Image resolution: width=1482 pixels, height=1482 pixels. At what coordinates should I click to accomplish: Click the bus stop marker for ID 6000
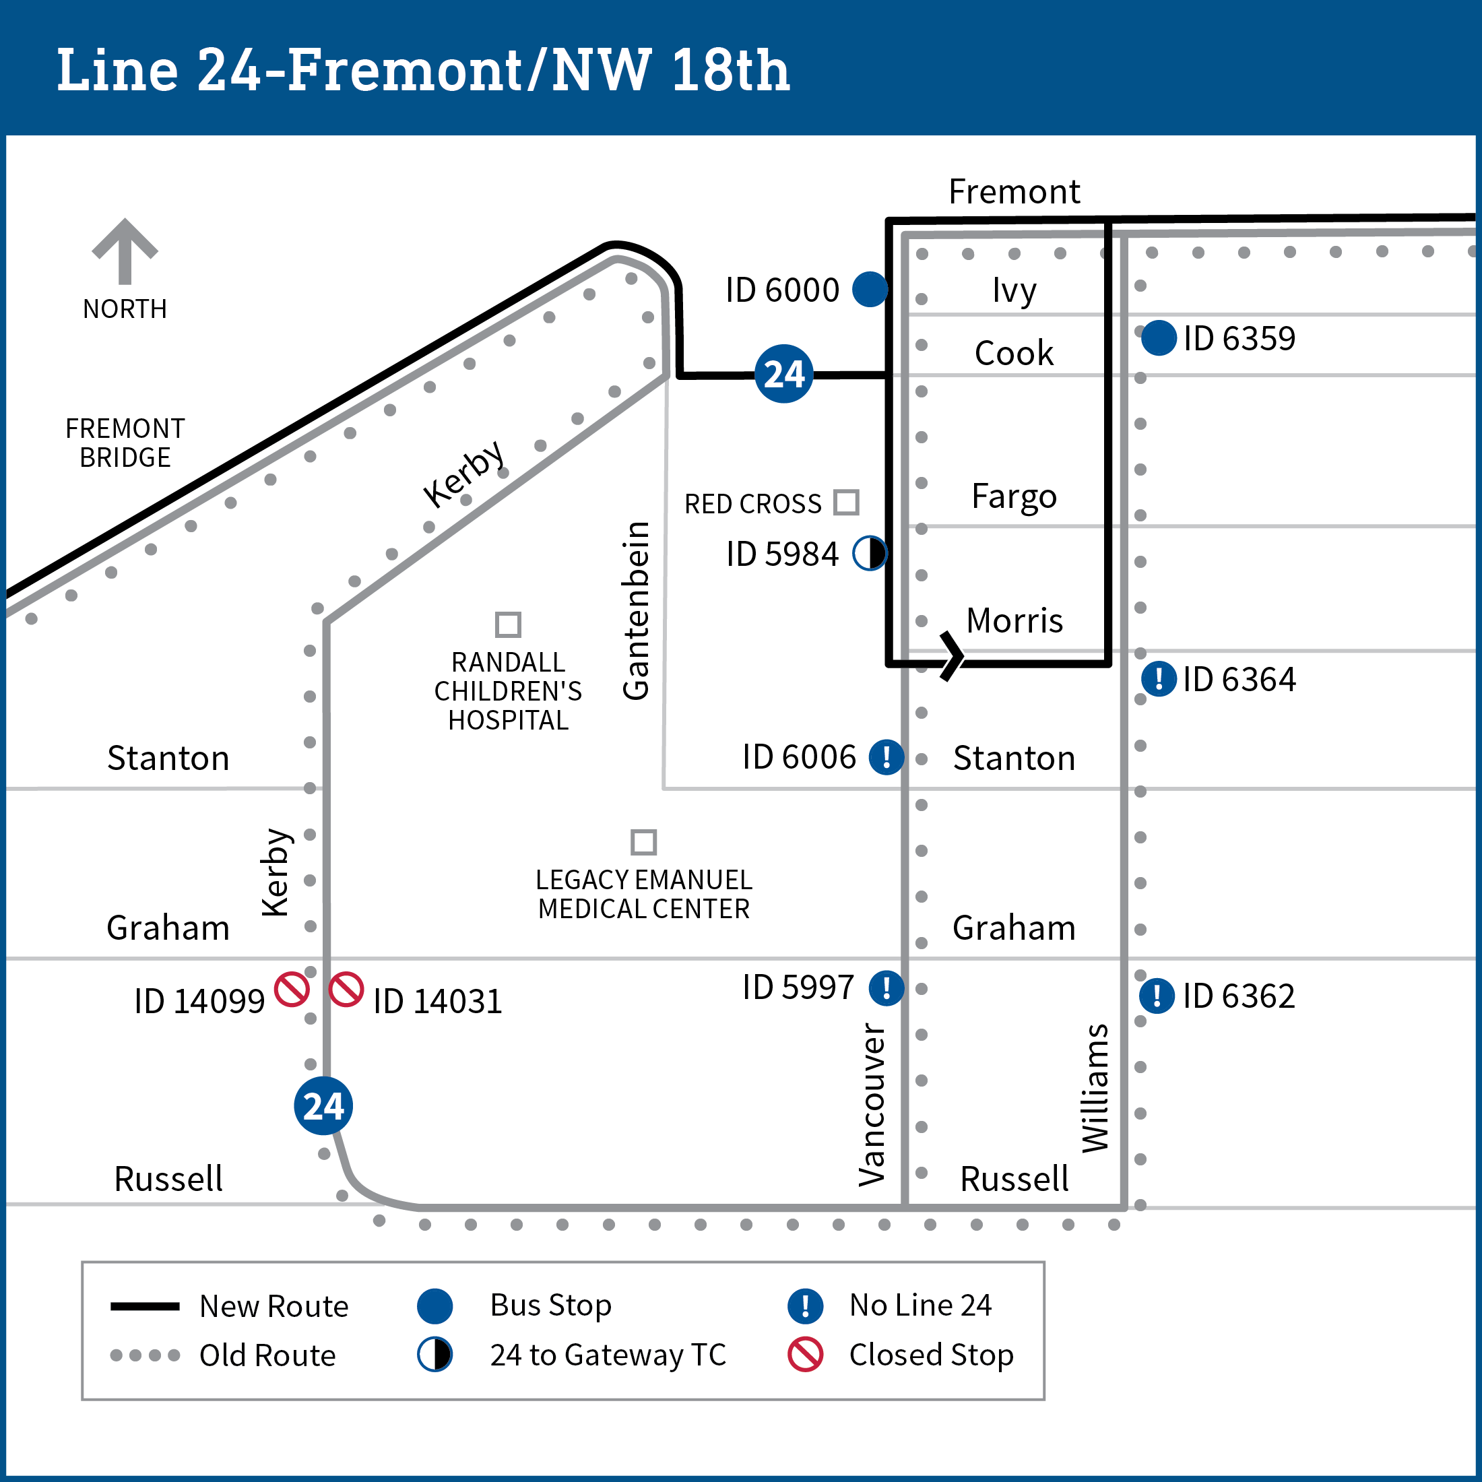(x=870, y=289)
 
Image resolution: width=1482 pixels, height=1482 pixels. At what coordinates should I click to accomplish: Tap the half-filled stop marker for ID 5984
(x=870, y=553)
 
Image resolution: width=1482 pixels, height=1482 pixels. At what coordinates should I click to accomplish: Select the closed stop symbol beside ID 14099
(x=292, y=989)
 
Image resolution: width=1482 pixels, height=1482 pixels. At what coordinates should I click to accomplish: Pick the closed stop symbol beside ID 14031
(x=346, y=989)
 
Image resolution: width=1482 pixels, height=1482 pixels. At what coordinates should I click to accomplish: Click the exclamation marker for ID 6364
(x=1158, y=679)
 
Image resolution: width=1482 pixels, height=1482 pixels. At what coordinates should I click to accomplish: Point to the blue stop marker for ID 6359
(x=1158, y=338)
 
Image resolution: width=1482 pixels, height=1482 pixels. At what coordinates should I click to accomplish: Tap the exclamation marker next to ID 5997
(x=886, y=988)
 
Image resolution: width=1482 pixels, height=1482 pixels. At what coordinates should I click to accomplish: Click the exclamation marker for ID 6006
(x=886, y=757)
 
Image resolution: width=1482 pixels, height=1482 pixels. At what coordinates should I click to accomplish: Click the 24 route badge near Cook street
(x=783, y=375)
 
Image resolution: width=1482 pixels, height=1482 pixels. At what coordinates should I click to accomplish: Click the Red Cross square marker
(x=846, y=503)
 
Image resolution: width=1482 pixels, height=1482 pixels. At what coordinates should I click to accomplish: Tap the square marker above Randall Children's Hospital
(x=508, y=624)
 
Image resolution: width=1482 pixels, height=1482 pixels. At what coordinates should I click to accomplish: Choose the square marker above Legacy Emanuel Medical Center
(x=643, y=841)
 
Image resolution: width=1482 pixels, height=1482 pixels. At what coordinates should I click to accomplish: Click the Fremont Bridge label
(x=125, y=443)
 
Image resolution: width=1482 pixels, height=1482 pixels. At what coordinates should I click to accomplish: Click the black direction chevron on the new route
(x=952, y=657)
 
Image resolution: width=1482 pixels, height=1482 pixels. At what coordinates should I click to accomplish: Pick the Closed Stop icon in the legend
(x=806, y=1355)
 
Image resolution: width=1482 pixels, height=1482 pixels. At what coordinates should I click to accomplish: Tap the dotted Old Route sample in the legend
(x=145, y=1355)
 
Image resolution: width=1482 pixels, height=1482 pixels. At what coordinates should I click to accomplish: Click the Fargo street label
(x=1014, y=496)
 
